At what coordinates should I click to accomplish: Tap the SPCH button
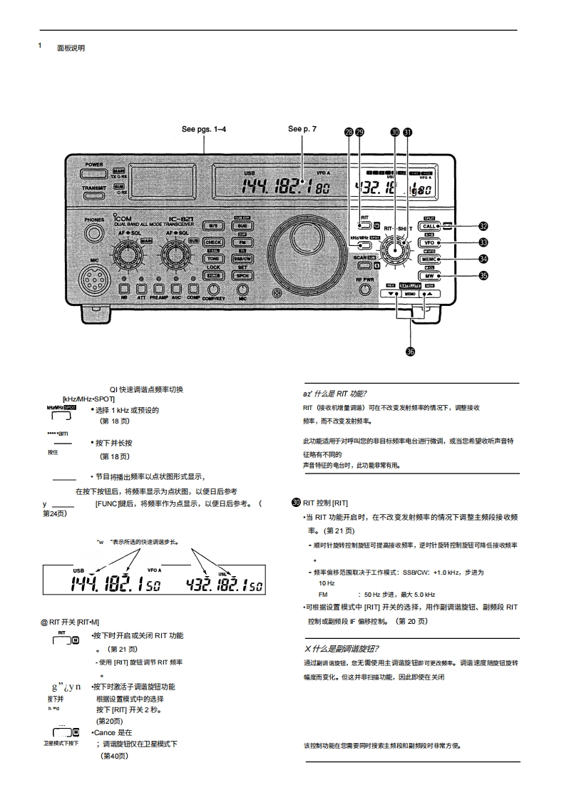click(242, 275)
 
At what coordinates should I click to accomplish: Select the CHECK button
click(213, 242)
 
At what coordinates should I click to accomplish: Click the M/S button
click(213, 225)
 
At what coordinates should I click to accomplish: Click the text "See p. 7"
click(302, 129)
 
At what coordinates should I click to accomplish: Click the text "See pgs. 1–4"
click(204, 130)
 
